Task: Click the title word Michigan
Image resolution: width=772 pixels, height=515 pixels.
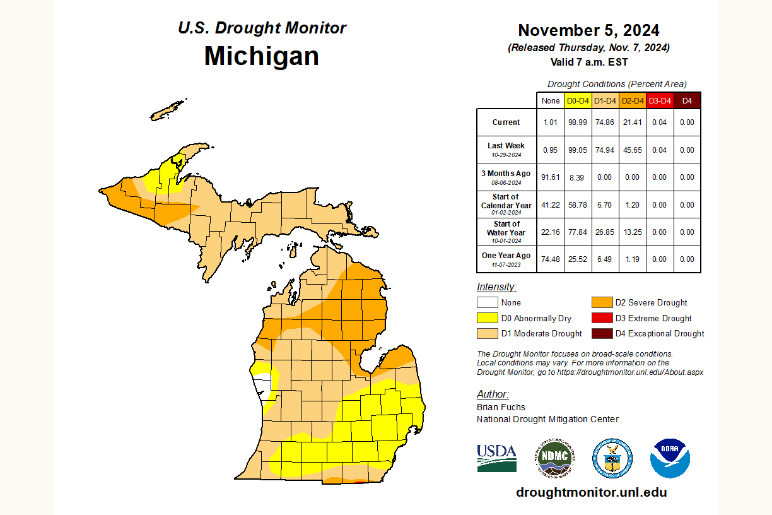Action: [x=261, y=56]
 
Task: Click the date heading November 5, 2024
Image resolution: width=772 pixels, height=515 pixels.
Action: [x=588, y=30]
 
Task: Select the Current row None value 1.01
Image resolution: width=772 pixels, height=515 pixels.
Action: [x=550, y=122]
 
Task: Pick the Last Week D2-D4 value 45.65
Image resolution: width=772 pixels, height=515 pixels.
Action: [x=632, y=150]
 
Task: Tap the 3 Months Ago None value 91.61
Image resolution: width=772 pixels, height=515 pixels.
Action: [x=550, y=177]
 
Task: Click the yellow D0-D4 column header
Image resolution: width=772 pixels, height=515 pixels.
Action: [x=577, y=101]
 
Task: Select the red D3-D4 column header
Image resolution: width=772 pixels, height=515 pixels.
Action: [x=659, y=101]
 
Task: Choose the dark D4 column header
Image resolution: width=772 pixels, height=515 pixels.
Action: [x=687, y=101]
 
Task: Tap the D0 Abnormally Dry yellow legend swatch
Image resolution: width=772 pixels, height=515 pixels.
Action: [x=486, y=318]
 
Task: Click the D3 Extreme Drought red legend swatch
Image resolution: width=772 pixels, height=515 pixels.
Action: [x=601, y=318]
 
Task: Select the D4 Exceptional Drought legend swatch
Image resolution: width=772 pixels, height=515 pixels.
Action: [x=601, y=333]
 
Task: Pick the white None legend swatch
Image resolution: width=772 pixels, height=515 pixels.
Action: [x=486, y=302]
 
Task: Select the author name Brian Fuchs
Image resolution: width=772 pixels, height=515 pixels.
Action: [x=501, y=407]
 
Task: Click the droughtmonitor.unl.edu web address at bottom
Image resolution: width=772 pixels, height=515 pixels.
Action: [x=591, y=492]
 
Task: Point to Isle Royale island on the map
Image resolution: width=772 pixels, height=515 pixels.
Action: [x=169, y=110]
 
